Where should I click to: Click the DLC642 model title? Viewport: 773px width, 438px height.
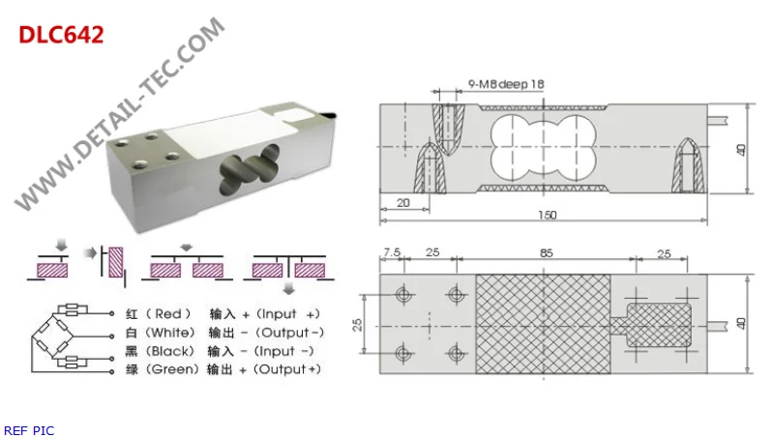pos(61,35)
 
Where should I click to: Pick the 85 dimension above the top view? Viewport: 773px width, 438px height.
pos(546,254)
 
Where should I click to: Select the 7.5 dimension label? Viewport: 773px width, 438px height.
pos(391,254)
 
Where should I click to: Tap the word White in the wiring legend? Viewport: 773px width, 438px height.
pos(172,333)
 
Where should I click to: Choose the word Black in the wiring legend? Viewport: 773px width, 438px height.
pos(172,351)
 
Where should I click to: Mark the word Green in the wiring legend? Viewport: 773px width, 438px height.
pos(174,369)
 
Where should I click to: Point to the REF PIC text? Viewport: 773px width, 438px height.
pos(29,429)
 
